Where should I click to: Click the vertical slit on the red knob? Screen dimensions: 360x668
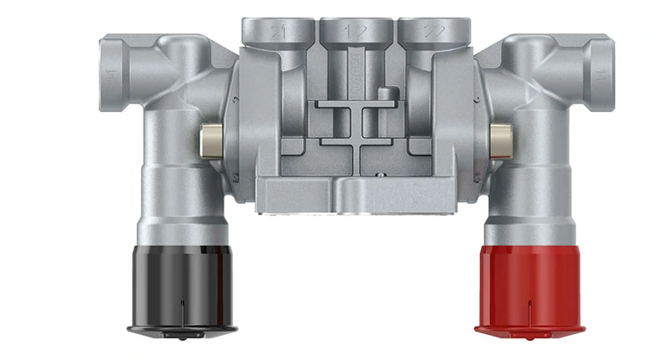tap(529, 312)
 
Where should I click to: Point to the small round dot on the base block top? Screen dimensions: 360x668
tap(377, 175)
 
